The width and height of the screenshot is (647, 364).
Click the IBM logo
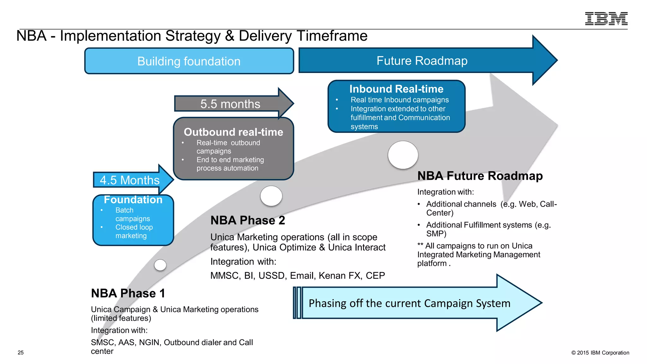coord(606,19)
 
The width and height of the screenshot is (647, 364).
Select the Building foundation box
coord(189,61)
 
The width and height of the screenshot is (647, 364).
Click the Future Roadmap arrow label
coord(422,61)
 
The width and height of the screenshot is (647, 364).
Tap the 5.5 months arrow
coord(230,104)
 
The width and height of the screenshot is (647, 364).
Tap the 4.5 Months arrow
coord(130,180)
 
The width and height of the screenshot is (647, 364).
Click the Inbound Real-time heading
coord(396,89)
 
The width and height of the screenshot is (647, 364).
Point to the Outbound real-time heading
coord(233,132)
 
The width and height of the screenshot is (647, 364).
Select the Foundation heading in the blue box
coord(133,200)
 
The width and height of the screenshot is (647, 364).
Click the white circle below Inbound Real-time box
coord(403,155)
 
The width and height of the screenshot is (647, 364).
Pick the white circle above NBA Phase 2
coord(271,196)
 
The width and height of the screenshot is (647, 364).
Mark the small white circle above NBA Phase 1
coord(160,265)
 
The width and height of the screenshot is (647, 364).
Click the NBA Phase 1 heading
coord(128,293)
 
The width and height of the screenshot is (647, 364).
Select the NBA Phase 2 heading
coord(248,220)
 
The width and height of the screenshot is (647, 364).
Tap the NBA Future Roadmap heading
coord(480,176)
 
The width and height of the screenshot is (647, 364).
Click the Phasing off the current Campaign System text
coord(409,303)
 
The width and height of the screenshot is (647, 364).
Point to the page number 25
coord(21,353)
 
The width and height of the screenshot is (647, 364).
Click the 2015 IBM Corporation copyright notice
coord(600,353)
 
